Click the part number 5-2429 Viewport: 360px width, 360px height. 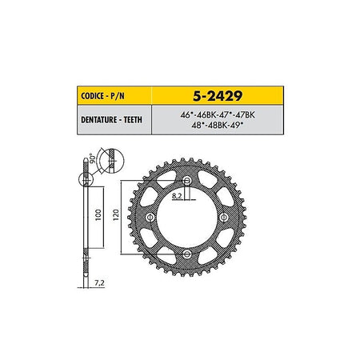(218, 96)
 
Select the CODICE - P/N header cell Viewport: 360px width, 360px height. (114, 95)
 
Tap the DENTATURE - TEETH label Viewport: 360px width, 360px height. (111, 120)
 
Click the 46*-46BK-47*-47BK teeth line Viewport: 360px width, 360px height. (218, 115)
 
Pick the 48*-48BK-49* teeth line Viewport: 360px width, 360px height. (218, 125)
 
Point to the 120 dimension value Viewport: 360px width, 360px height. (116, 215)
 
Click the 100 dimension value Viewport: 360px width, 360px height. (98, 215)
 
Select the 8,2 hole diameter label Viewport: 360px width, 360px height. (177, 196)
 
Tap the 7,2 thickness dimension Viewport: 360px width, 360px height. (99, 283)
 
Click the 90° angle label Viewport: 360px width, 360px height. (93, 158)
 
